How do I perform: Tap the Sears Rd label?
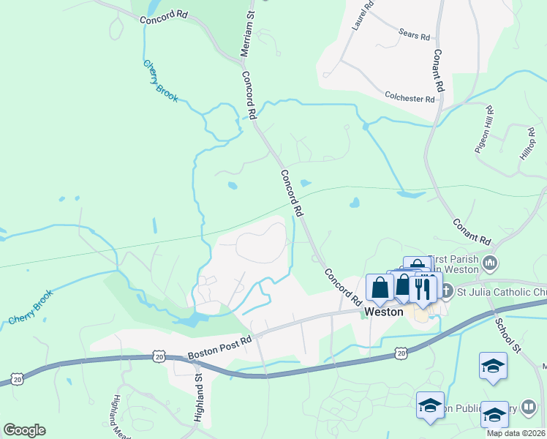[415, 34]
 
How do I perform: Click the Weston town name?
[384, 312]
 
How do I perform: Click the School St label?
[506, 335]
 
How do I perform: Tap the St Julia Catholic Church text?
[502, 293]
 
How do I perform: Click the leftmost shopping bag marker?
[380, 288]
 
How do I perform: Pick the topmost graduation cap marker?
[493, 365]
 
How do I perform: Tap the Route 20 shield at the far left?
[16, 380]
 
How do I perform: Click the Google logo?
[24, 429]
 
